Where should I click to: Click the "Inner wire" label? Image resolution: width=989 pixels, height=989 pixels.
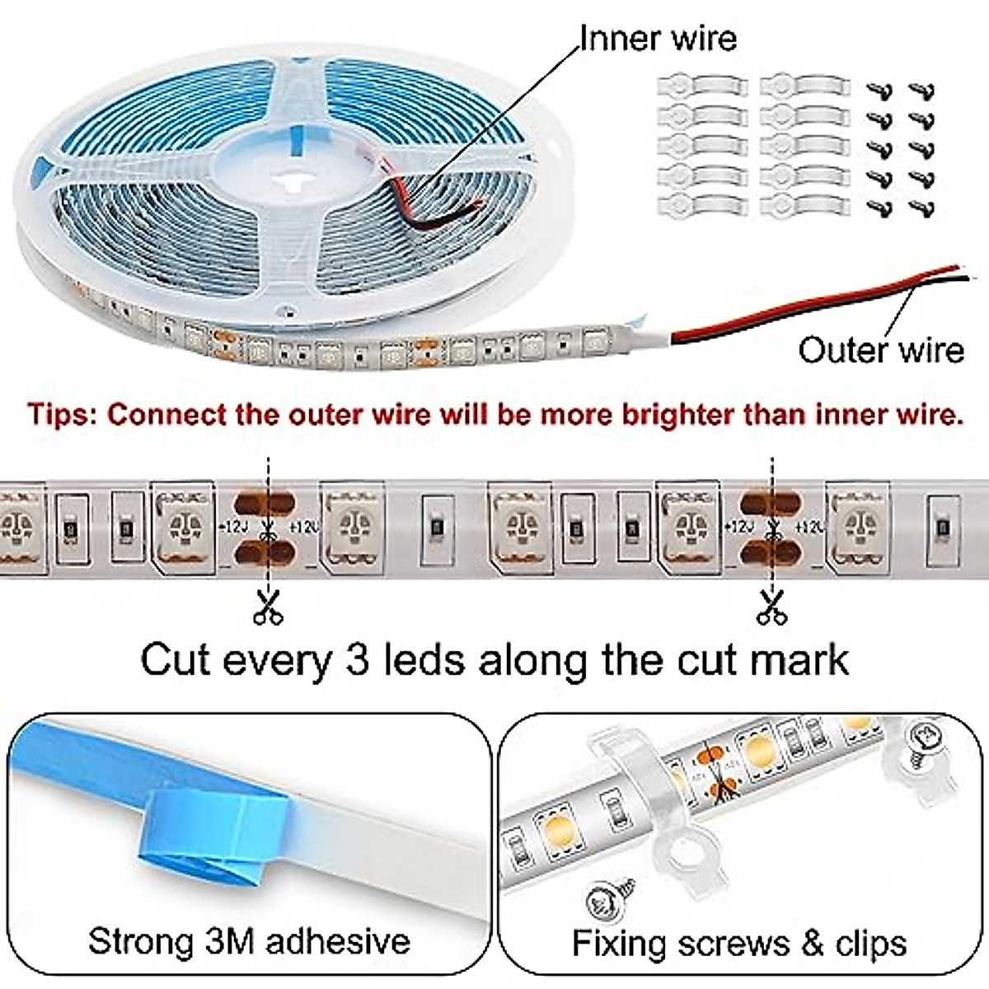point(658,38)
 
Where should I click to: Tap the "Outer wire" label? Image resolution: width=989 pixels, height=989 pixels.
point(881,350)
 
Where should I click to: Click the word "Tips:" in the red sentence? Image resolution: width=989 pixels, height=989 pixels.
point(64,413)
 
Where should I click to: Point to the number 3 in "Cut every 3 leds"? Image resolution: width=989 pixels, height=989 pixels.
point(356,660)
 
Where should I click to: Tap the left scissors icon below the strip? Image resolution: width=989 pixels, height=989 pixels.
point(267,607)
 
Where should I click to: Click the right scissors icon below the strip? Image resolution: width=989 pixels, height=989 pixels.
point(771,607)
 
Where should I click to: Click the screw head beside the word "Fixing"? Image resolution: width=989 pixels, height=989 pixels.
point(608,901)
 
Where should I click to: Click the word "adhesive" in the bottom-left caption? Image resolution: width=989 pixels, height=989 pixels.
point(339,940)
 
